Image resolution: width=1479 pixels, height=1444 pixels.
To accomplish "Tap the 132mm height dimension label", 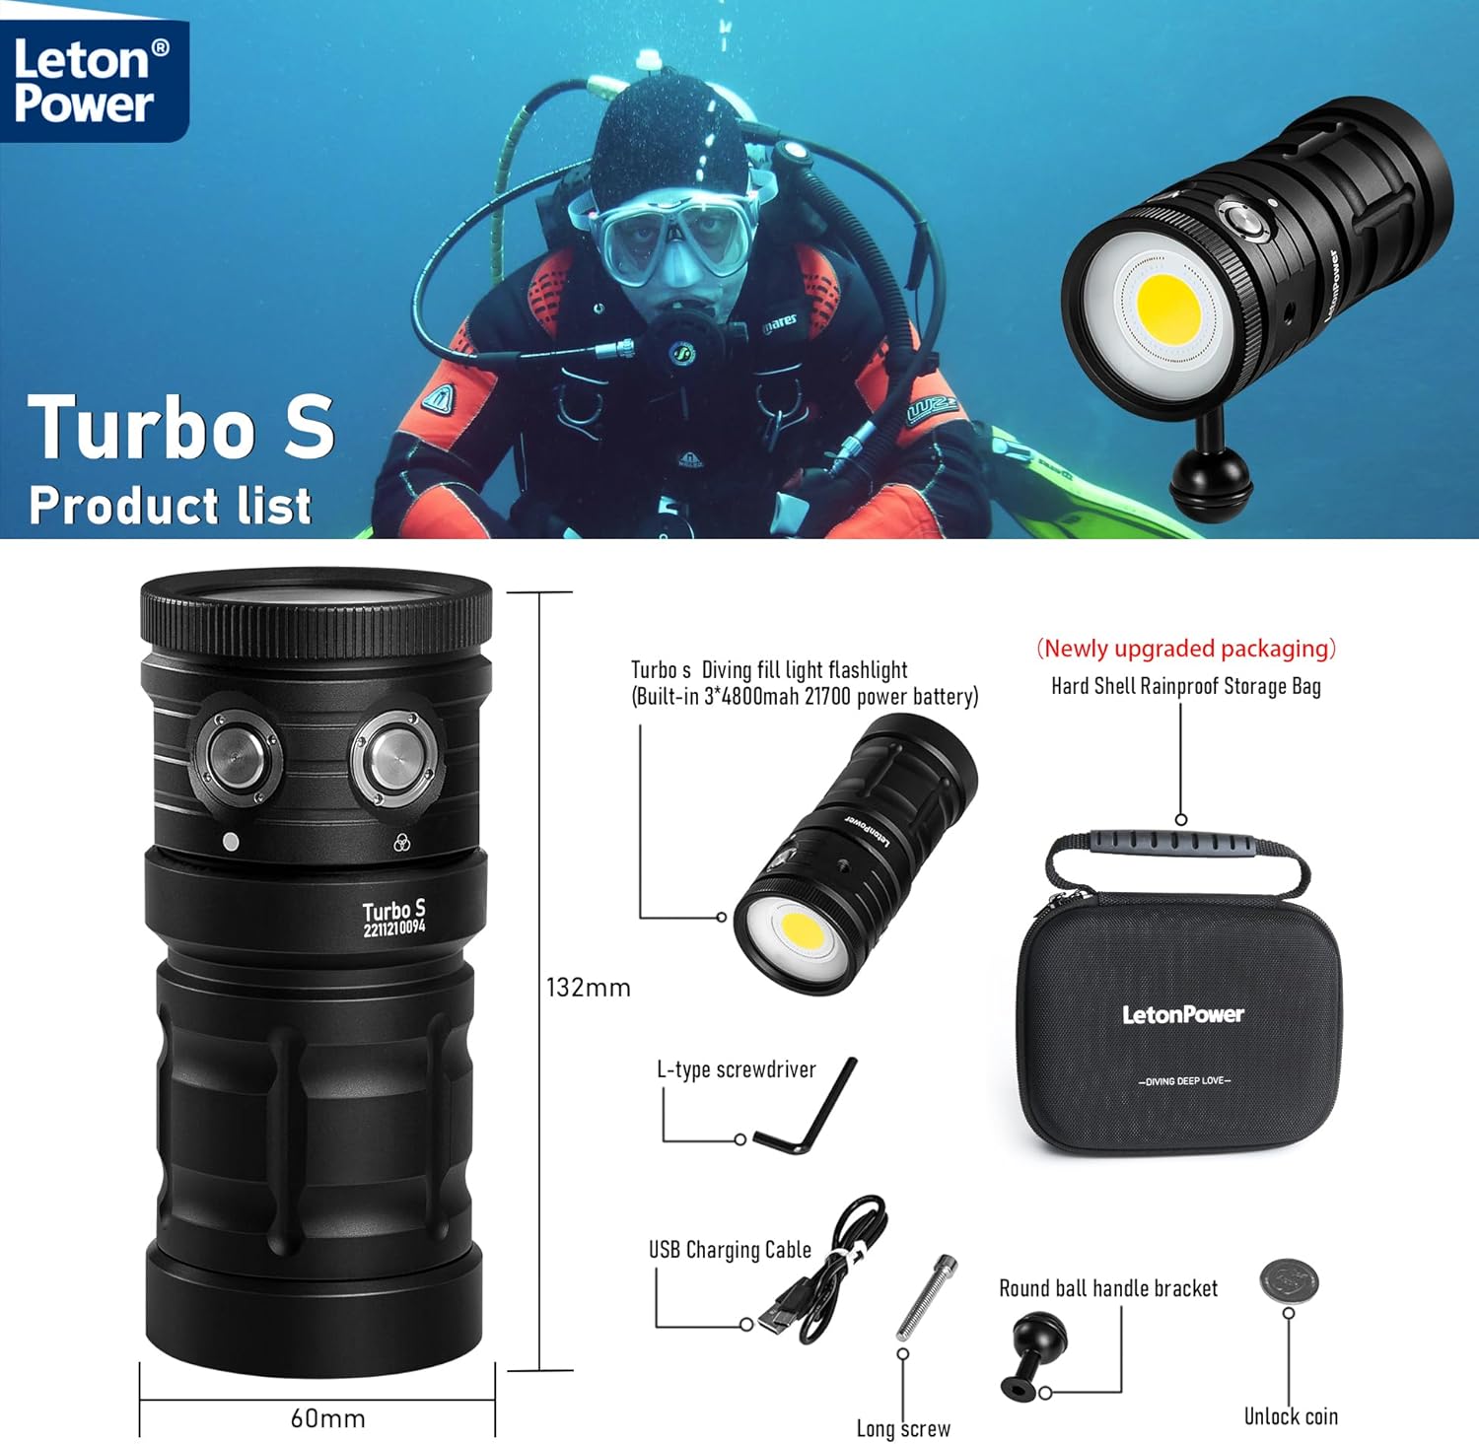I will click(x=588, y=988).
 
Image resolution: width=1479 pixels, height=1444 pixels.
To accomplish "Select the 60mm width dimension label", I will click(x=327, y=1418).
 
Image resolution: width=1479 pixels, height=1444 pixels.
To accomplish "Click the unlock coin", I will click(x=1289, y=1280).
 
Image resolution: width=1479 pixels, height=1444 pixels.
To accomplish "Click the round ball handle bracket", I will click(x=1033, y=1354).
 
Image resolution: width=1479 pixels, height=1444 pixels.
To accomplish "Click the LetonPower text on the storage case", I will click(x=1182, y=1014).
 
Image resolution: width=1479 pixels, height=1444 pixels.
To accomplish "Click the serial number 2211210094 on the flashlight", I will click(x=393, y=928).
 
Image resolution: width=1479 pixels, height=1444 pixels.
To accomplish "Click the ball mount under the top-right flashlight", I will click(x=1211, y=479).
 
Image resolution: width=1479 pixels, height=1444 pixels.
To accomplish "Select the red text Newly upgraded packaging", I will click(x=1185, y=649).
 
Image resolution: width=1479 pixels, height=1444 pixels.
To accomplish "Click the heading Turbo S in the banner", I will click(x=181, y=427).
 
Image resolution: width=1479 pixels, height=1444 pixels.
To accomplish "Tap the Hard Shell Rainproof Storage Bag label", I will click(x=1185, y=686).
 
